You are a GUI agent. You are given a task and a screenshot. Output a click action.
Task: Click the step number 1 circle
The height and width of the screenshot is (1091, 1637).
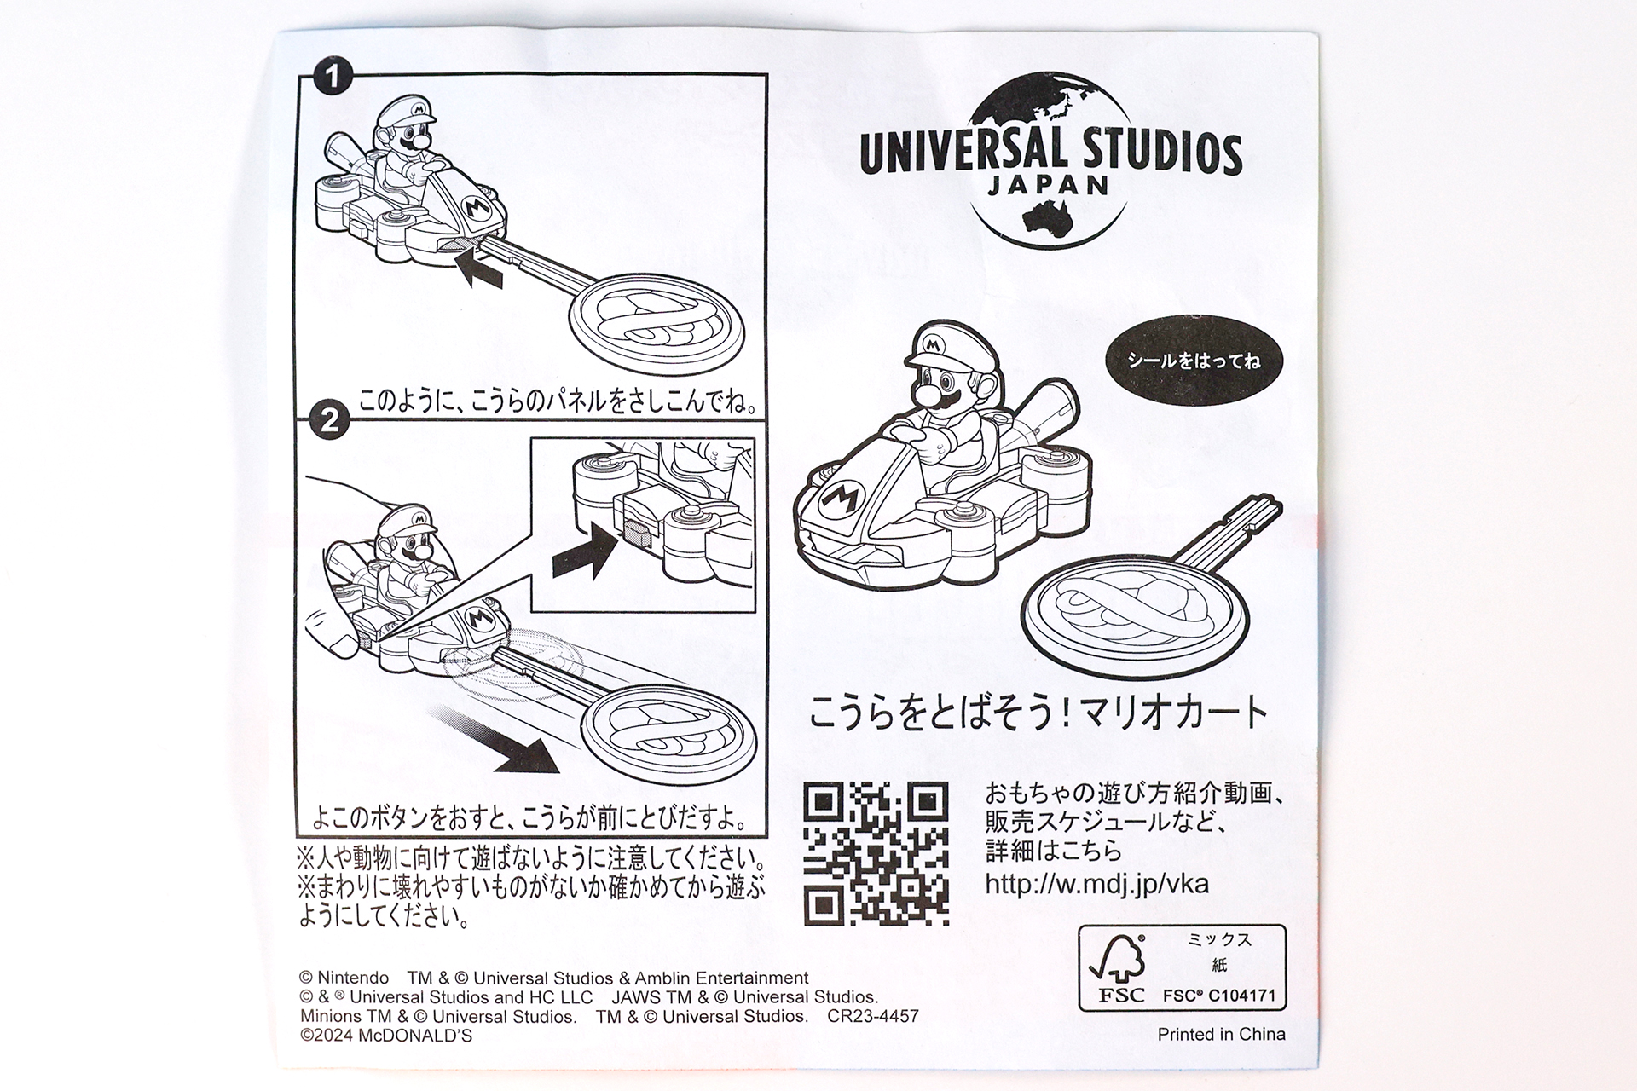[x=331, y=78]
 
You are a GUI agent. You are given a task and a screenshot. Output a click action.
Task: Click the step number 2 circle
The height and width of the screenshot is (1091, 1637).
[x=329, y=421]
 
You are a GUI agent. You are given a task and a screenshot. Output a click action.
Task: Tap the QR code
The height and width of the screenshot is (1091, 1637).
[x=876, y=853]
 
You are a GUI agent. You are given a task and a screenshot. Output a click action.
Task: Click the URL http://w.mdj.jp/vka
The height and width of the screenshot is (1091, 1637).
[x=1096, y=883]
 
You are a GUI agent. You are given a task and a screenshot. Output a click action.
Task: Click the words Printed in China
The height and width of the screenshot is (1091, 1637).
[x=1221, y=1035]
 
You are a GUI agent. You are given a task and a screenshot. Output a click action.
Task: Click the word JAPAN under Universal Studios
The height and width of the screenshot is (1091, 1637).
[x=1049, y=185]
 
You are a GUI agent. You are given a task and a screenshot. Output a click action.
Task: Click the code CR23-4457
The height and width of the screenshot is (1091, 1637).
[x=872, y=1016]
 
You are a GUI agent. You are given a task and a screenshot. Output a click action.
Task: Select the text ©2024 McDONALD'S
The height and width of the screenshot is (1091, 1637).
[x=385, y=1036]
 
